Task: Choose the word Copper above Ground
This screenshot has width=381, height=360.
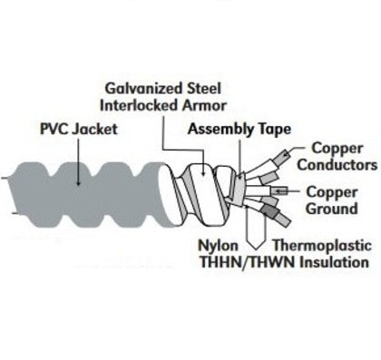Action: pos(331,191)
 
